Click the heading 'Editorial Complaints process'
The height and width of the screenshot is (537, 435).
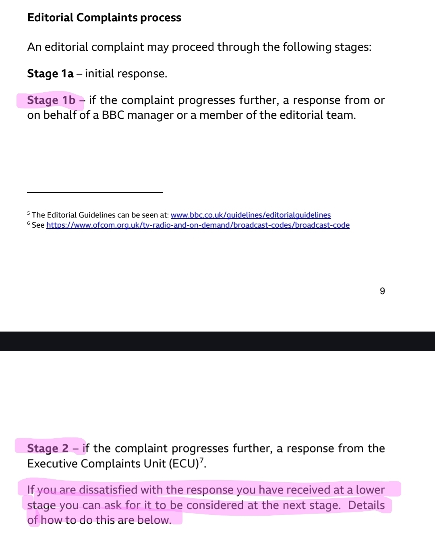point(104,18)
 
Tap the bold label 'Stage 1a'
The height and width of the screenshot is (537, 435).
point(50,74)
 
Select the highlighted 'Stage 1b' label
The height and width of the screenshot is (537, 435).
point(51,100)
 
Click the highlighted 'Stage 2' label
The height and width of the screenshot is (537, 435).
point(48,448)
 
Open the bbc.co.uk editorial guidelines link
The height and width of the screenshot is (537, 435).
point(251,215)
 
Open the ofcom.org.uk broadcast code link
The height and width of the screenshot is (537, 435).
point(198,225)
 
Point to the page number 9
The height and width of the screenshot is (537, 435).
point(382,291)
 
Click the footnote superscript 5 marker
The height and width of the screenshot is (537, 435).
point(29,213)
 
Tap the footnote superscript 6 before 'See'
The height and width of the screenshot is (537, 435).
point(29,223)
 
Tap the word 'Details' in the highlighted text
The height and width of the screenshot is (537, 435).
point(366,505)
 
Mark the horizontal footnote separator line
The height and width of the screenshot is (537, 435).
point(95,193)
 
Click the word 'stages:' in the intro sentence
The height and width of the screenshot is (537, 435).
point(353,47)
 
